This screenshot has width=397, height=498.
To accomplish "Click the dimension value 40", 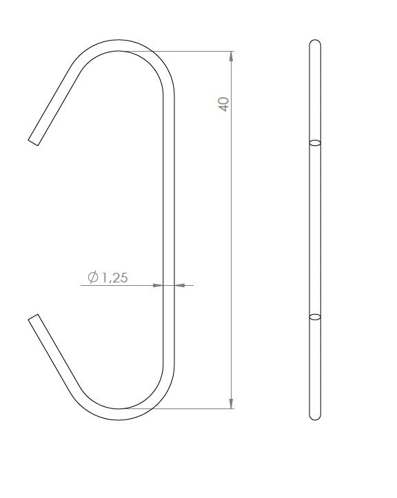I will coord(223,104).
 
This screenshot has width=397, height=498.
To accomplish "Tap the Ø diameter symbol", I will coord(93,278).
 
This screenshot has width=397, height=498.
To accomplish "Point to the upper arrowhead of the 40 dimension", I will coord(231,57).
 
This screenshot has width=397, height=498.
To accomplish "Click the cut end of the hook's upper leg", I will coord(34,141).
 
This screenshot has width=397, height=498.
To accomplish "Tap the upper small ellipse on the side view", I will coord(315,143).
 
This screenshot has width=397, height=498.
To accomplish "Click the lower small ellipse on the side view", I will coord(315,317).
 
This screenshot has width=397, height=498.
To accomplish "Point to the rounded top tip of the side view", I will coord(315,43).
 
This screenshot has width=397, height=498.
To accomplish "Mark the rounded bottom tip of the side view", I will coord(315,417).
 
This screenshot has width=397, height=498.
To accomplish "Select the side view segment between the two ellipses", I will coord(315,231).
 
